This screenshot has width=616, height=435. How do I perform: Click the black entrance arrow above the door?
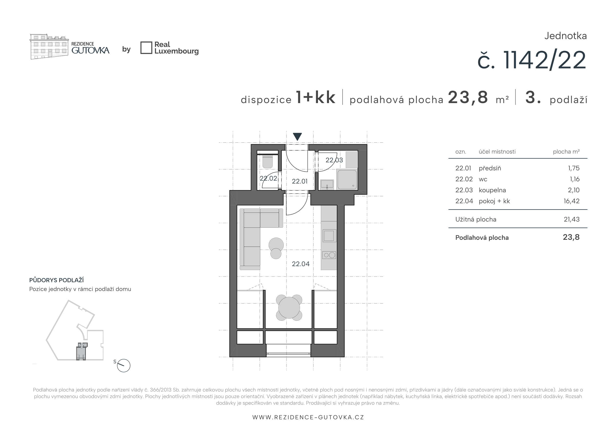[x=297, y=136]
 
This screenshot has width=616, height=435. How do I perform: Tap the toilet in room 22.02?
[x=268, y=161]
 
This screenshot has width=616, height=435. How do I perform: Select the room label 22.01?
[x=299, y=181]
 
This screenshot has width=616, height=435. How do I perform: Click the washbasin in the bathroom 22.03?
[x=327, y=184]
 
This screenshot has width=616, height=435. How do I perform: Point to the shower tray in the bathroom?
[x=347, y=179]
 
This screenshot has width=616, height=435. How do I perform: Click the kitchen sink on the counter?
[x=329, y=236]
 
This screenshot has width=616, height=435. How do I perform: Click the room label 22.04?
[x=300, y=264]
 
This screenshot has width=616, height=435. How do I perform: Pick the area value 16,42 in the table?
[x=571, y=201]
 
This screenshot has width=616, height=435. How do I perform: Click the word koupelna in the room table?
[x=492, y=190]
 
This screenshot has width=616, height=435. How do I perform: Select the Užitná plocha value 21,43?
[x=571, y=219]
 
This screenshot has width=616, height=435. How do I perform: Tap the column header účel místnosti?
[x=497, y=152]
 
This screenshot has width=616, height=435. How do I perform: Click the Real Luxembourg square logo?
[x=146, y=48]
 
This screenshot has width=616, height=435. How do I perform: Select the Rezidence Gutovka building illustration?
[x=49, y=47]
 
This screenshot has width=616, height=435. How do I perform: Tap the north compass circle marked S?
[x=124, y=366]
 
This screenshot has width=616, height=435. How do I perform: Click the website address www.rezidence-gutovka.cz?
[x=308, y=417]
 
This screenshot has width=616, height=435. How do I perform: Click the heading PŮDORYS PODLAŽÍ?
[x=56, y=280]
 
